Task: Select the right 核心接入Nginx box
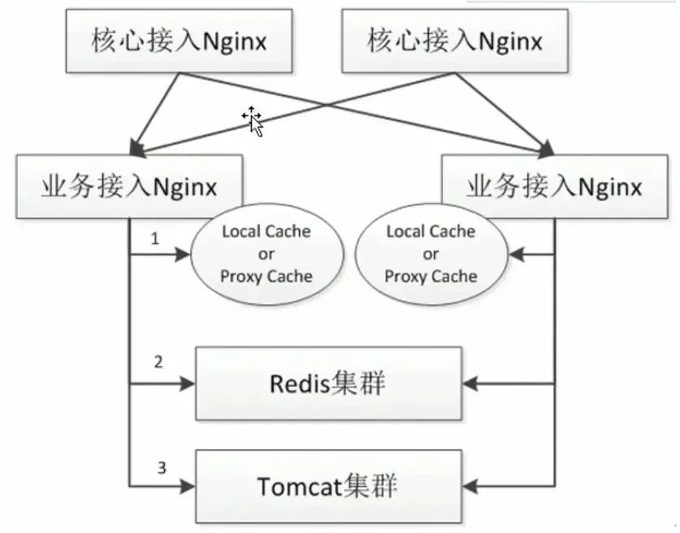click(454, 40)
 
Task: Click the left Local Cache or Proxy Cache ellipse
click(266, 254)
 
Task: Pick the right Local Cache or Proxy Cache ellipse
click(431, 254)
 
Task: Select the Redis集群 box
click(327, 383)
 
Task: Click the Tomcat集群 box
click(327, 487)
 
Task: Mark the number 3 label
click(161, 467)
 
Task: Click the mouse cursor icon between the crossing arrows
click(253, 120)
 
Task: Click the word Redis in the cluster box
click(298, 383)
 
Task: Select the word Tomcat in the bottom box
click(297, 487)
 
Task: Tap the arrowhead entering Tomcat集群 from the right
click(469, 487)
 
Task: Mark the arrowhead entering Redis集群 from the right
click(469, 383)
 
